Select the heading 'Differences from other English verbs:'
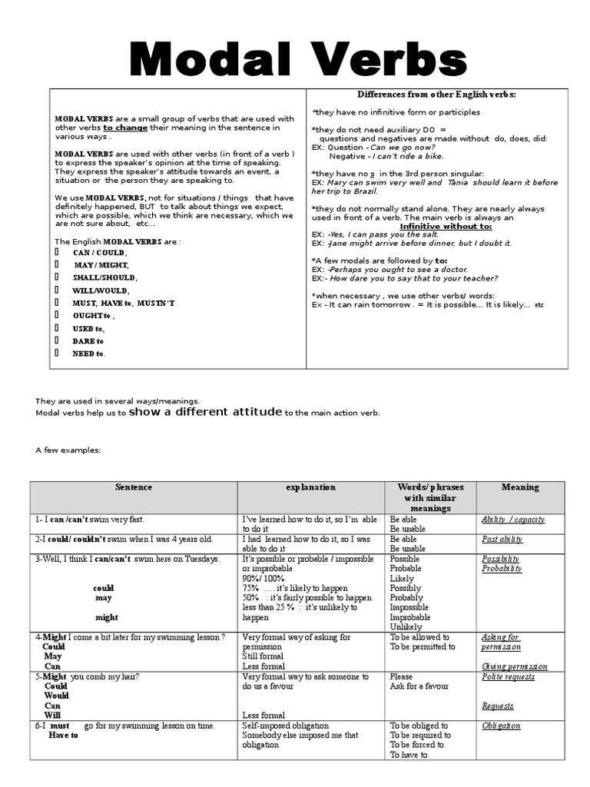pos(436,94)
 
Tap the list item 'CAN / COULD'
pos(100,253)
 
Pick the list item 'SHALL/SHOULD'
pos(104,277)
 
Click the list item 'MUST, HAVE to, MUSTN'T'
pos(124,303)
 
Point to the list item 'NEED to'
pos(89,354)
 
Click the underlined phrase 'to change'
pos(128,128)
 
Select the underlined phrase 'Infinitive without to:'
pos(446,227)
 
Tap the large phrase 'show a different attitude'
pos(206,412)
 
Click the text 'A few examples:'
pos(68,450)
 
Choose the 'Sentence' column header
pos(134,487)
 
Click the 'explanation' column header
pos(310,487)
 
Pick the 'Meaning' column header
pos(520,487)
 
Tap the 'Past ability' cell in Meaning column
pos(502,540)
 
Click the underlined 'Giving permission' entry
pos(514,666)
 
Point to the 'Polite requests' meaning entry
pos(508,677)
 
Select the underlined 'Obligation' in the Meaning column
pos(501,726)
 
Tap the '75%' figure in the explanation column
pos(254,588)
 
